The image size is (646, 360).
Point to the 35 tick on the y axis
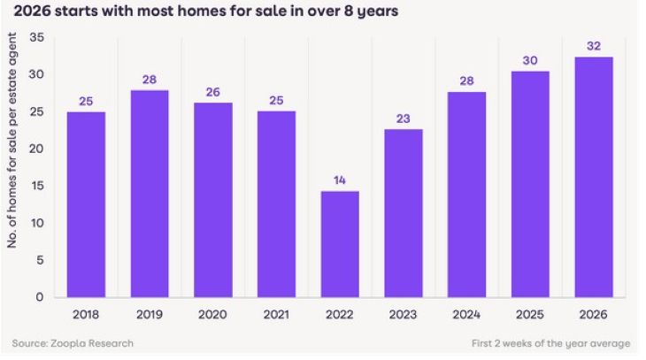coord(36,37)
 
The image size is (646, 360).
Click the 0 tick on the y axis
coord(40,297)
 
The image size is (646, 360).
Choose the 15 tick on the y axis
coord(37,186)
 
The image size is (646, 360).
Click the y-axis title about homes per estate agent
coord(13,142)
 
